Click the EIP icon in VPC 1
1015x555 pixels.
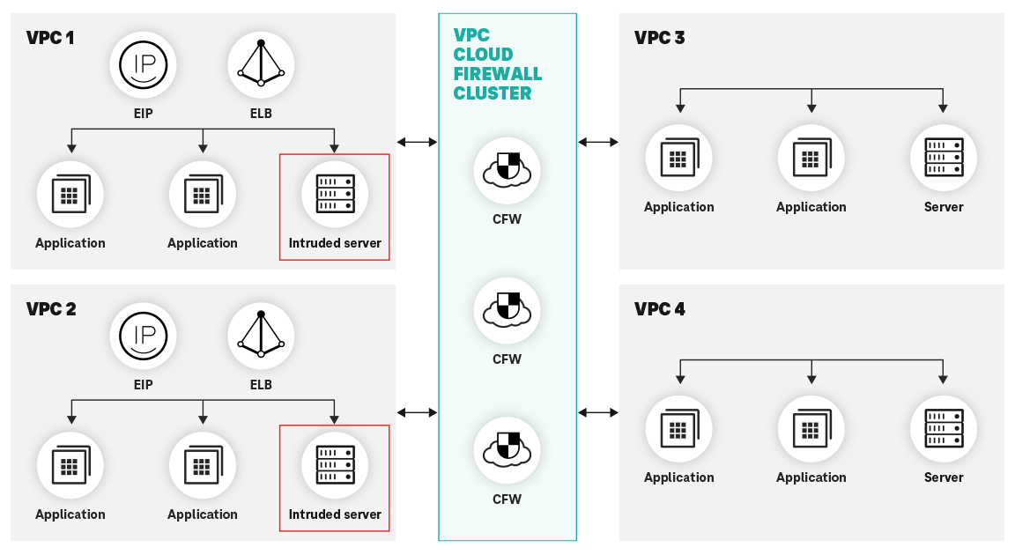point(144,65)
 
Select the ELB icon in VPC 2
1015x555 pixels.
point(261,336)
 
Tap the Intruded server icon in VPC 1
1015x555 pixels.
point(335,194)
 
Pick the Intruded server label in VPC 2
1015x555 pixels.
point(335,514)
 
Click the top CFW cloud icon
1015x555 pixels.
point(507,171)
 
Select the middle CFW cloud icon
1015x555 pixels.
point(507,311)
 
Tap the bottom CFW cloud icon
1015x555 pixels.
point(507,451)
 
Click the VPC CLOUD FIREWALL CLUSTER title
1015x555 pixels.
point(497,64)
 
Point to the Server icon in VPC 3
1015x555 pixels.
point(944,158)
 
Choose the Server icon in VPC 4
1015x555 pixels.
point(944,428)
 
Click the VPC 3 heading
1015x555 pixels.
point(659,38)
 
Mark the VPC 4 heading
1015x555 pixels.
point(659,309)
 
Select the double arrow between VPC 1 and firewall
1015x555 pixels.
point(417,142)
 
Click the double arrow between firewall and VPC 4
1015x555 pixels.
point(598,412)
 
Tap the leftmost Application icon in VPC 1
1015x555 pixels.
point(70,194)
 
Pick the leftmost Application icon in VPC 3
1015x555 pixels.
point(678,158)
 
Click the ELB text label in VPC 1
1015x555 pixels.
point(261,114)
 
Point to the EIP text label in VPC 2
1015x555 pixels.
point(144,385)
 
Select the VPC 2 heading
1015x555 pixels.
point(51,309)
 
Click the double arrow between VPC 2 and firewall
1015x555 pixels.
point(417,412)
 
